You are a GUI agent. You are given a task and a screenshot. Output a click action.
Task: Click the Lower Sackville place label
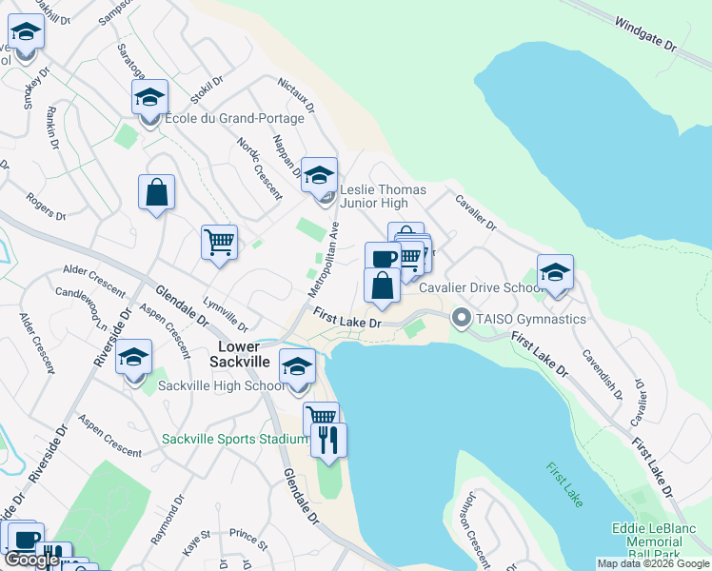click(240, 348)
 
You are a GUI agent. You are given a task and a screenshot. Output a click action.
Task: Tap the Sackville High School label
click(221, 385)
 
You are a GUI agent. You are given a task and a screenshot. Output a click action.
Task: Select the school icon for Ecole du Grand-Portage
click(149, 98)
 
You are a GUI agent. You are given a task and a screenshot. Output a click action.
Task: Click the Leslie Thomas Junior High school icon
click(319, 176)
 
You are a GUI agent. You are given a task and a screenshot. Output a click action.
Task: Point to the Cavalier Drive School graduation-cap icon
click(555, 273)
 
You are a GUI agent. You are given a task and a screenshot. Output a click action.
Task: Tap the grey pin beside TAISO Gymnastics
click(463, 318)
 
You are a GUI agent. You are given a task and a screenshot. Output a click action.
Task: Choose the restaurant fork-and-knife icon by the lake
click(329, 441)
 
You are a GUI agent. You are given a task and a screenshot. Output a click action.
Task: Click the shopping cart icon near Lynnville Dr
click(219, 243)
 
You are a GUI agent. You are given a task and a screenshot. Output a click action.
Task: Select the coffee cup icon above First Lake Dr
click(383, 259)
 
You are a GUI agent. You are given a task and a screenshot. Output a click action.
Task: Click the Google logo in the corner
click(31, 560)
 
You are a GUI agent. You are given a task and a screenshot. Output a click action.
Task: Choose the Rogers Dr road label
click(46, 207)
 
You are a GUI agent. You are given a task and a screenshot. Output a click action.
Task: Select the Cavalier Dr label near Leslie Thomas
click(475, 213)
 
